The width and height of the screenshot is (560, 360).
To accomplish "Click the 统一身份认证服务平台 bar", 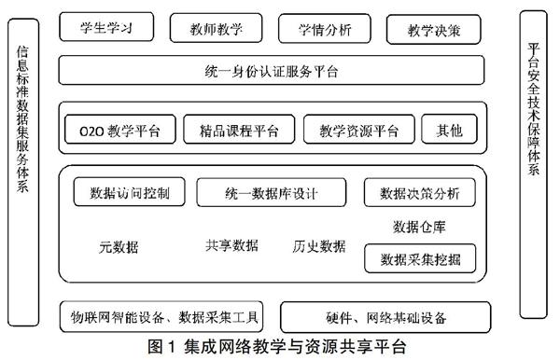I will (x=271, y=71).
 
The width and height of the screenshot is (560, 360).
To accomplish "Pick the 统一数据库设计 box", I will (x=272, y=193).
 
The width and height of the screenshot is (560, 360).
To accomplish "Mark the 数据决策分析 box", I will (x=419, y=193).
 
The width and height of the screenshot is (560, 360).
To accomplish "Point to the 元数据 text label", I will (x=119, y=247).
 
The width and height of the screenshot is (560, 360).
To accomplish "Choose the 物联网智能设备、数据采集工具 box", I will (x=164, y=314).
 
